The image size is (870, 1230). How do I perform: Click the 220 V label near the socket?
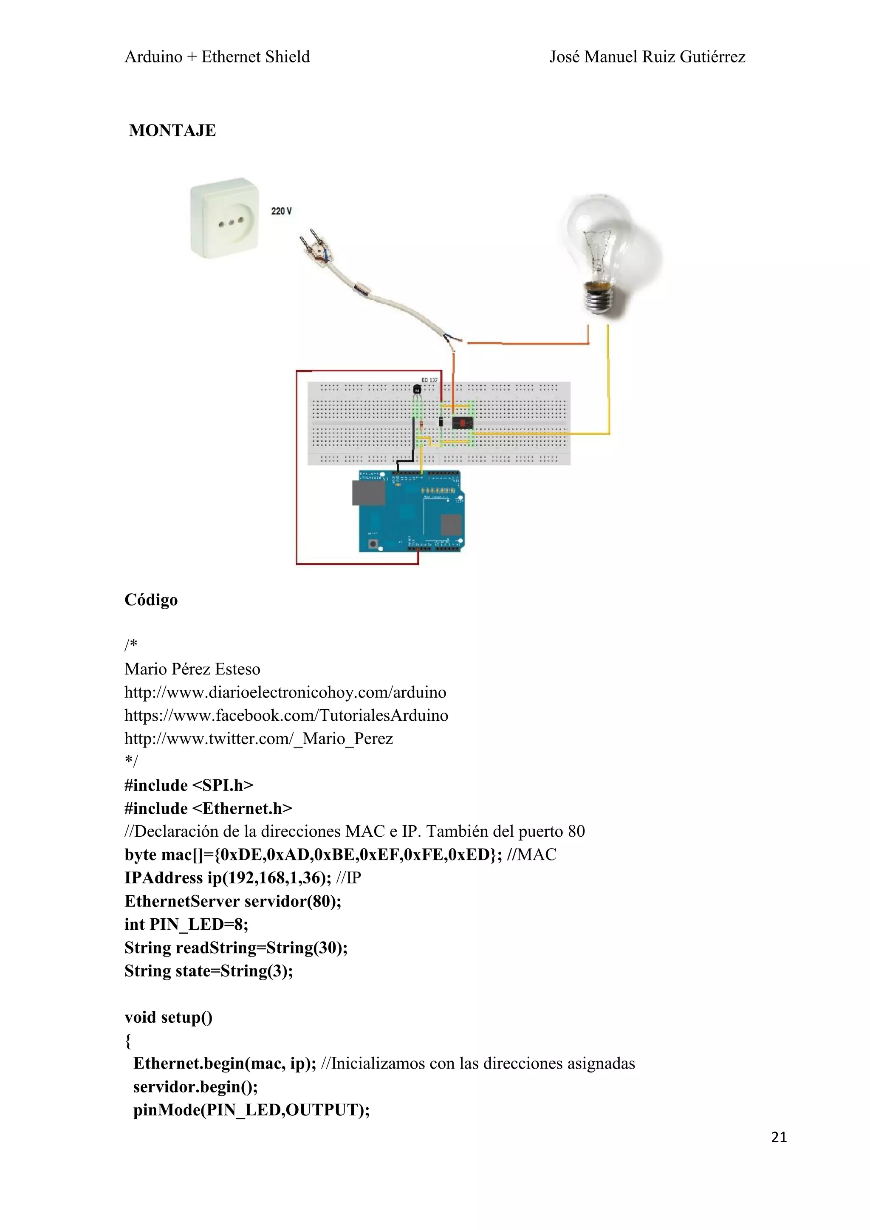[x=281, y=211]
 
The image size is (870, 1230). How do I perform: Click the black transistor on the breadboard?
[x=417, y=390]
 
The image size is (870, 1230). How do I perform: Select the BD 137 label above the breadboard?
[x=429, y=380]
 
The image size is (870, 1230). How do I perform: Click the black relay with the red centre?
[x=462, y=423]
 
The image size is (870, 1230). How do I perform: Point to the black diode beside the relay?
[x=441, y=422]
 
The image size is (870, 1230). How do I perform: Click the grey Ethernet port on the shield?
[x=368, y=493]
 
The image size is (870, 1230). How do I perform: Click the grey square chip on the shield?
[x=451, y=525]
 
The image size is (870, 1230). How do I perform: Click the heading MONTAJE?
[x=172, y=130]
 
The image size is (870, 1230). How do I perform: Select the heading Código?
[x=151, y=599]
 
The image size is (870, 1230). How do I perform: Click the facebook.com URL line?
[x=286, y=715]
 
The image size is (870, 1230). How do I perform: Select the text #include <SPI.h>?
[x=189, y=785]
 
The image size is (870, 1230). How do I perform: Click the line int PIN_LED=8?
[x=186, y=924]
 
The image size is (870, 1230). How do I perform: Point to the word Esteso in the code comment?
[x=236, y=669]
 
